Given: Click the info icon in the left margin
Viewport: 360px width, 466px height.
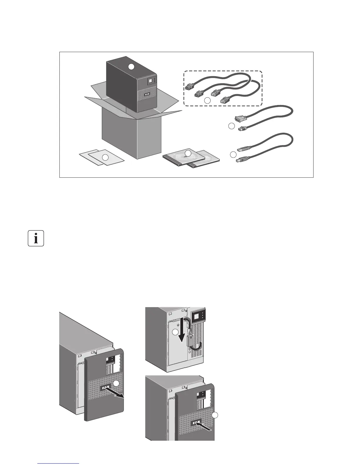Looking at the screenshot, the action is [36, 238].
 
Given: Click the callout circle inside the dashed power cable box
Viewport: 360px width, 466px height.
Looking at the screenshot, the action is [207, 100].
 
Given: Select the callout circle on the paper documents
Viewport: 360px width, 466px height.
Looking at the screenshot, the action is [105, 158].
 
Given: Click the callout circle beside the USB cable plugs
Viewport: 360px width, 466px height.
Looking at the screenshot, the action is [233, 154].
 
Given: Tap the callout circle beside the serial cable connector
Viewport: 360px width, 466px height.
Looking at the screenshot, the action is [231, 126].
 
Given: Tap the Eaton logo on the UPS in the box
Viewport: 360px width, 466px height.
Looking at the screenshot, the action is [147, 95].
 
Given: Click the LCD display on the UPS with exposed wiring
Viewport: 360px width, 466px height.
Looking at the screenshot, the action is [197, 317].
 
